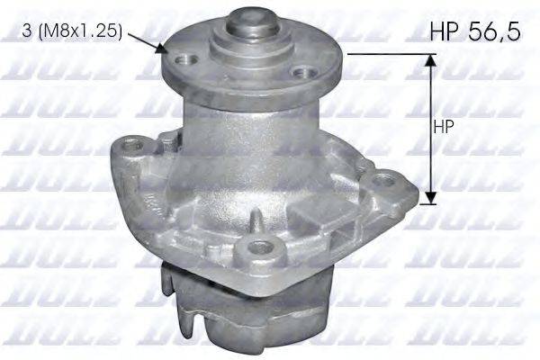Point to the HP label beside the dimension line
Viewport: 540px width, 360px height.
coord(445,127)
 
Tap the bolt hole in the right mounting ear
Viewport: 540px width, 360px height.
coord(388,178)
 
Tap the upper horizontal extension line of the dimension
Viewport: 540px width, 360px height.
coord(387,53)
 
